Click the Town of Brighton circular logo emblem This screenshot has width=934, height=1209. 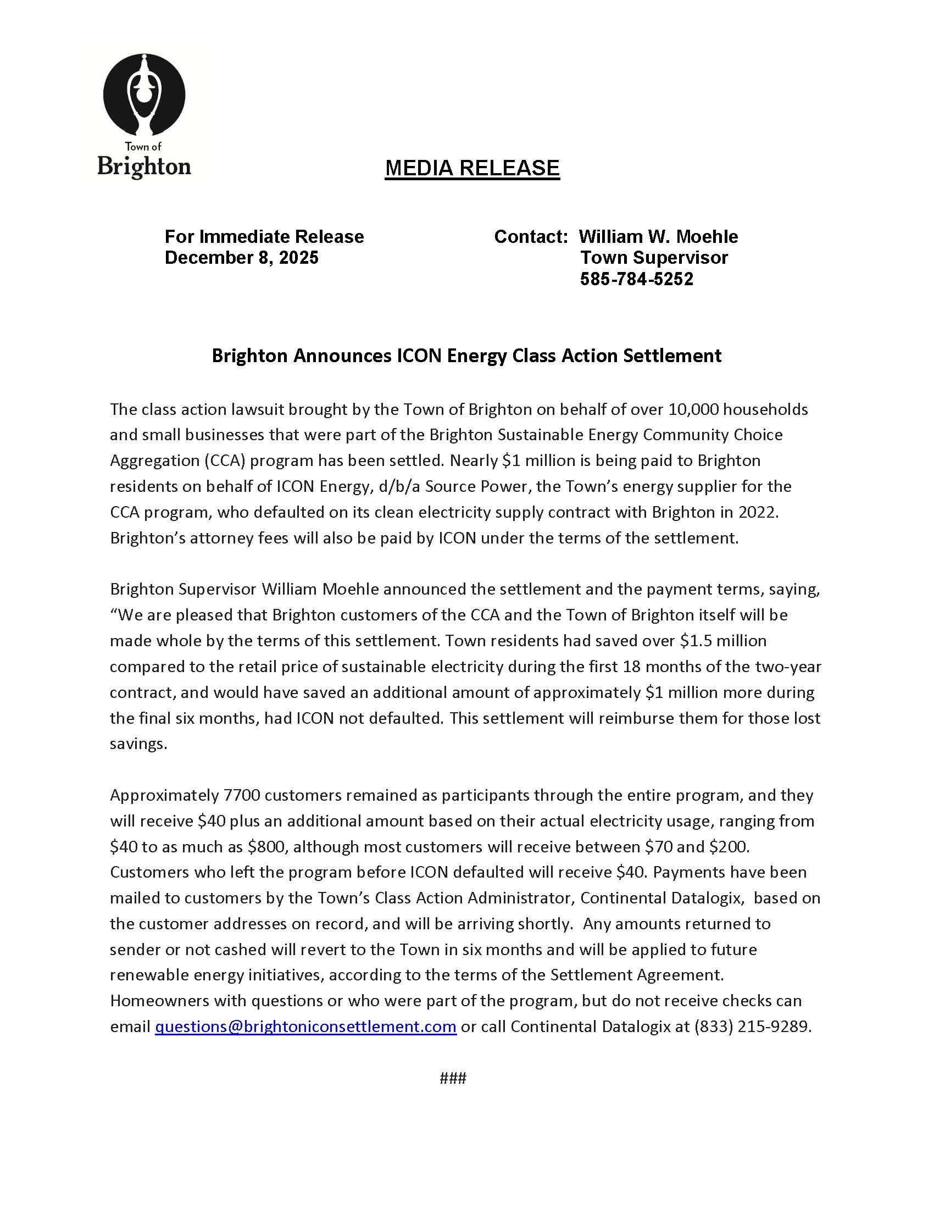point(144,95)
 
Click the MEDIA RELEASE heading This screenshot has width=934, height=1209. point(472,168)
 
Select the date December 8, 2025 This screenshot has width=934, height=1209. point(241,258)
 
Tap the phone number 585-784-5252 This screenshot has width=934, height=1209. point(636,279)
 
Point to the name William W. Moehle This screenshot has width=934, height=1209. point(658,237)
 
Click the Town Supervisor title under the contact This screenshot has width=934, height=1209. point(654,258)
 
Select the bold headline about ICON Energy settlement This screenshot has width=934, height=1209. point(466,356)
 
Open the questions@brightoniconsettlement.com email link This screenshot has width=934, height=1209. point(305,1027)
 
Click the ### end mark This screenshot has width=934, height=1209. point(453,1078)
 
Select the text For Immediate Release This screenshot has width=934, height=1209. point(264,237)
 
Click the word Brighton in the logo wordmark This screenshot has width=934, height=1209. point(144,167)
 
